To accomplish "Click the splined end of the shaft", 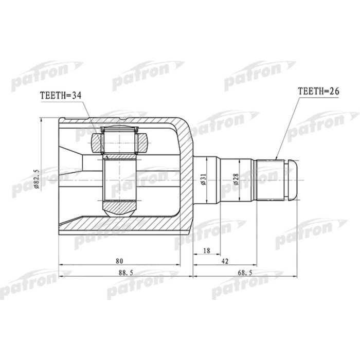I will [271, 181].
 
